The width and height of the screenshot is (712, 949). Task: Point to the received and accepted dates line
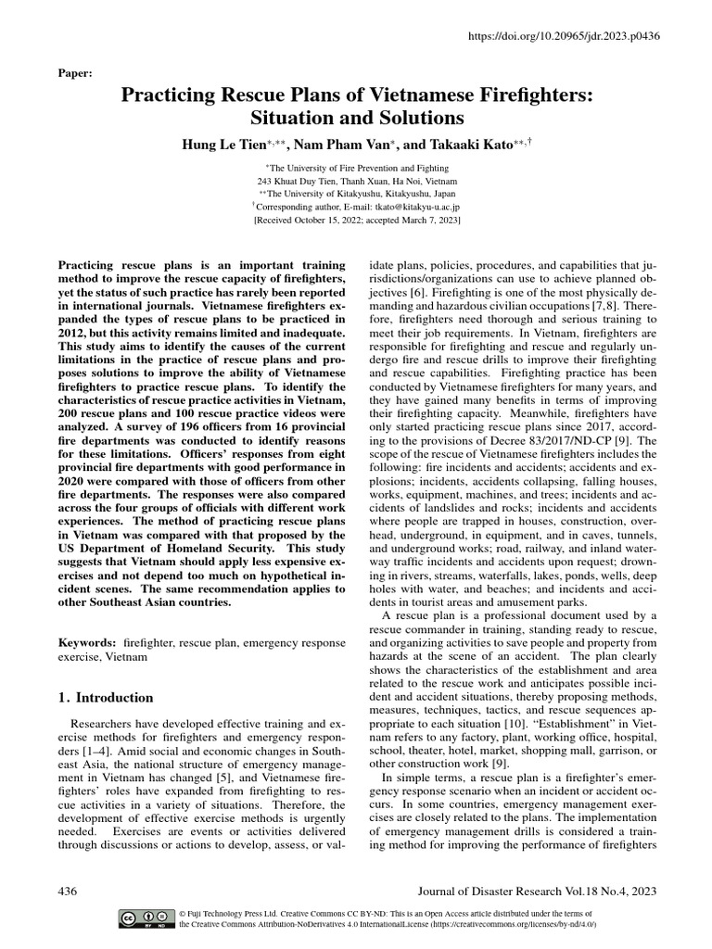click(357, 222)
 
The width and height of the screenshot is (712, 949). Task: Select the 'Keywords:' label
click(87, 642)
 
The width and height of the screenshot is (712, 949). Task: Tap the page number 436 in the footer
click(68, 891)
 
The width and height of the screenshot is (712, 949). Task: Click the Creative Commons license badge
click(146, 918)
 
